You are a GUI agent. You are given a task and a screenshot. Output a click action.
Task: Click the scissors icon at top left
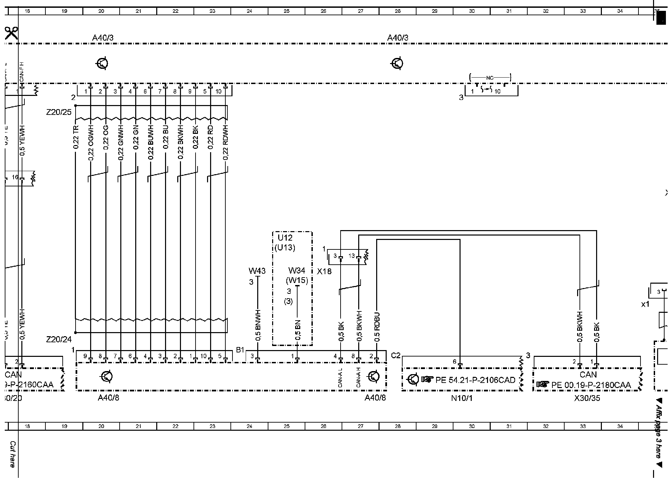coord(11,34)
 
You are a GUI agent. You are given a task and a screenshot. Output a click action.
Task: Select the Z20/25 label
coord(59,112)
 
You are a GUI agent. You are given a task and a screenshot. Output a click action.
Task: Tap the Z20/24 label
coord(59,339)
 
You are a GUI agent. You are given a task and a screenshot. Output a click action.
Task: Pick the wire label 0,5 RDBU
coord(377,327)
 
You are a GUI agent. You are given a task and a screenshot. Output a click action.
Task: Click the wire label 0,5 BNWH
coord(258,325)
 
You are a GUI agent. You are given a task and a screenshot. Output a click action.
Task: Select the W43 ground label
coord(257,271)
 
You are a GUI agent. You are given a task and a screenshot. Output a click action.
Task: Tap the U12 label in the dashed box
coord(285,238)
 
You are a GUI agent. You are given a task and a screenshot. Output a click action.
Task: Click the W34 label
coord(297,270)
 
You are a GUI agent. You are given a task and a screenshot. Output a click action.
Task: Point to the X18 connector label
coord(324,271)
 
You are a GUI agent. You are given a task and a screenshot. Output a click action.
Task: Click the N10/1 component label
coord(461,399)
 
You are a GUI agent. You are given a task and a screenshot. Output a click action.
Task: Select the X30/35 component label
coord(587,399)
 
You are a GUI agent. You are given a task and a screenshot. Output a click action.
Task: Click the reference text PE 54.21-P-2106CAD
coord(475,380)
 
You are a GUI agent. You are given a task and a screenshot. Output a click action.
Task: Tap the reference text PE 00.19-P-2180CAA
coord(591,385)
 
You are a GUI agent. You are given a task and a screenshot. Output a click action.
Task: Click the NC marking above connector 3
coord(490,78)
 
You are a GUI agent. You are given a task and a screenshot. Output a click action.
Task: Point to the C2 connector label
coord(395,355)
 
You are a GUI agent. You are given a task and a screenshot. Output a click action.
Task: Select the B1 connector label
coord(240,350)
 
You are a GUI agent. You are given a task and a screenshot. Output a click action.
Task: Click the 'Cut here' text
coord(13,454)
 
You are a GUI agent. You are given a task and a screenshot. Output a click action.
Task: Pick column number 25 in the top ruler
coord(286,11)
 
